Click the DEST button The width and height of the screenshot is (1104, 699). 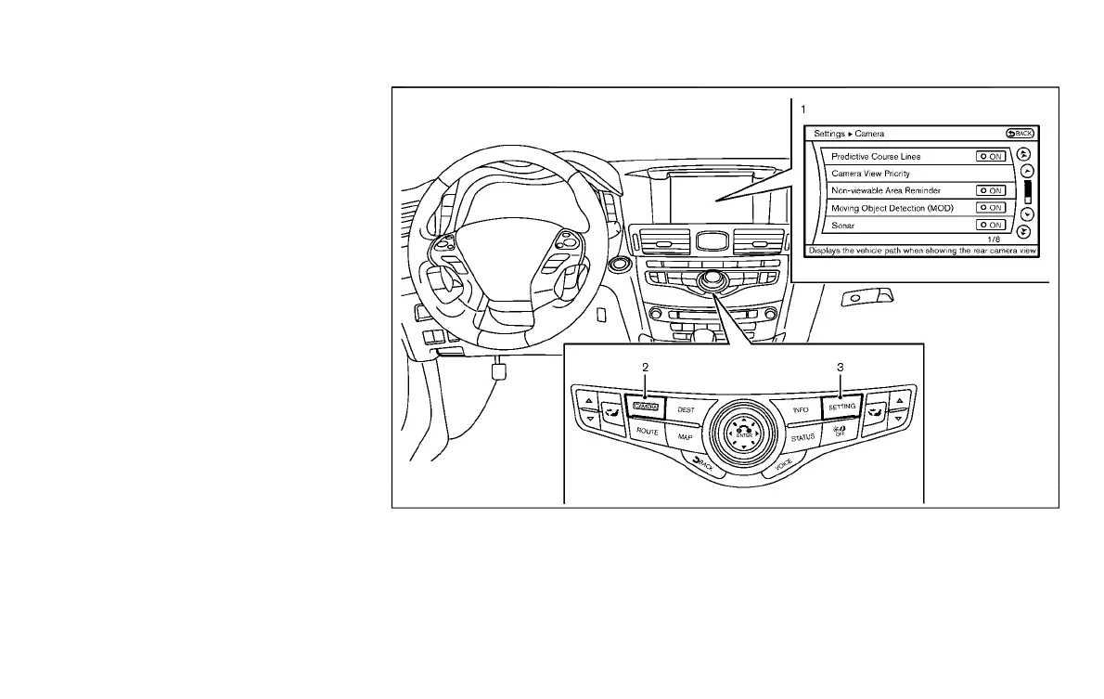tap(686, 408)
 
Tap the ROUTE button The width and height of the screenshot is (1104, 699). tap(647, 432)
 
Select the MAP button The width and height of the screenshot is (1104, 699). tap(685, 436)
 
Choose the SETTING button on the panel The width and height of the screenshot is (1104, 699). tap(841, 408)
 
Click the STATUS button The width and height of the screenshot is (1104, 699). tap(802, 435)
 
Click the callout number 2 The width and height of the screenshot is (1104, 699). tap(645, 367)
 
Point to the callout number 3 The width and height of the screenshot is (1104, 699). tap(840, 367)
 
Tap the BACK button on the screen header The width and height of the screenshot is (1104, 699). tap(1019, 134)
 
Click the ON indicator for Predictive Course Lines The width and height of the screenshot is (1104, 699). tap(990, 157)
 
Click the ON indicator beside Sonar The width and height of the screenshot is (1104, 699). tap(990, 226)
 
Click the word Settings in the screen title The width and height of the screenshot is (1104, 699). tap(829, 134)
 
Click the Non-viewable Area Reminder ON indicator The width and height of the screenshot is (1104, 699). tap(990, 190)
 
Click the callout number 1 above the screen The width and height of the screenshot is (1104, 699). tap(789, 108)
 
